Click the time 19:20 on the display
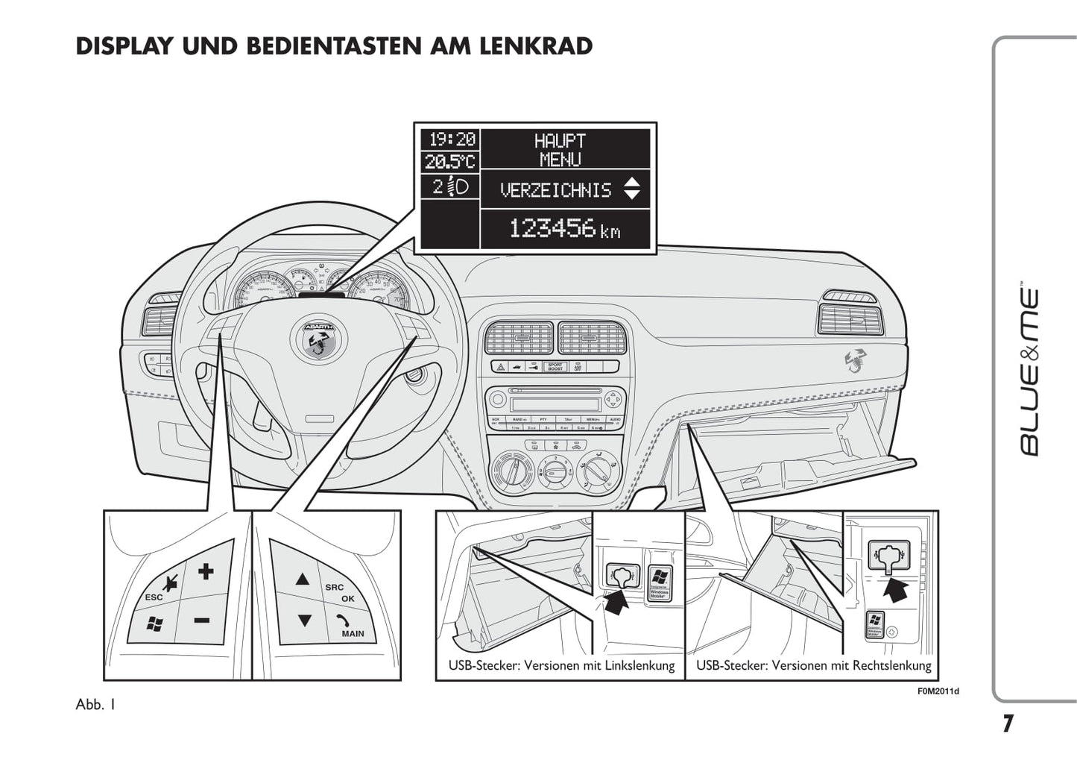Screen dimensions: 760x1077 click(450, 139)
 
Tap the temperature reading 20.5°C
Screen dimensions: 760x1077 click(450, 161)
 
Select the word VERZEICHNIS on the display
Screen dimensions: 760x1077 click(555, 190)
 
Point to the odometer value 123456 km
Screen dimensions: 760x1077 click(564, 228)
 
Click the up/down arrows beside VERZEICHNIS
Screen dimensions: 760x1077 click(631, 189)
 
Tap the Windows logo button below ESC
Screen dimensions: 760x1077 click(155, 624)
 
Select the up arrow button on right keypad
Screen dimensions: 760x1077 click(302, 580)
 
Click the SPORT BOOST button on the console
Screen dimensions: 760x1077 click(555, 367)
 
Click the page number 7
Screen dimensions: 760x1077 click(1008, 723)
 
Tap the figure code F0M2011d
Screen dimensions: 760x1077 click(938, 691)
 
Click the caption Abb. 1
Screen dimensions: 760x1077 click(95, 704)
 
